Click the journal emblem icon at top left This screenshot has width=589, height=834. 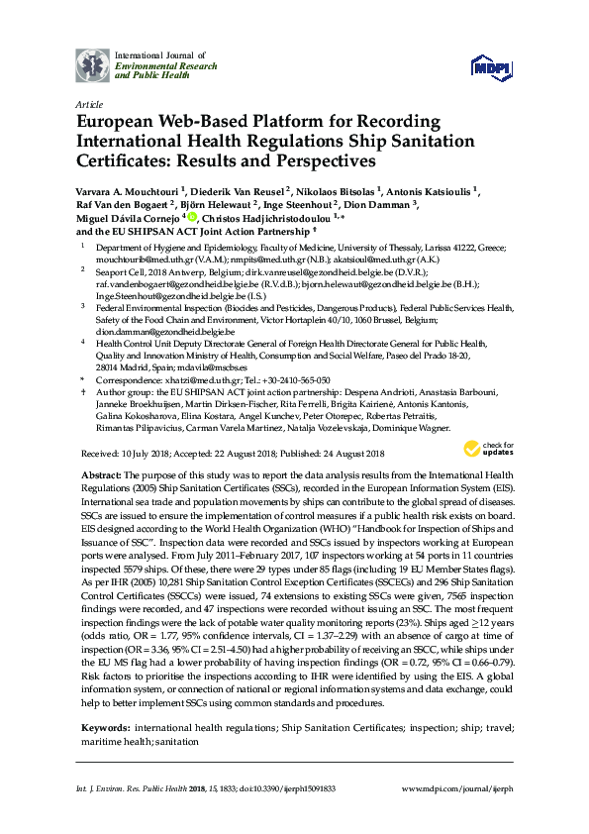(x=94, y=66)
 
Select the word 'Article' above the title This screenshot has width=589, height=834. (x=88, y=103)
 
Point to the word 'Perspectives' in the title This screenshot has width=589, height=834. (x=314, y=158)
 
